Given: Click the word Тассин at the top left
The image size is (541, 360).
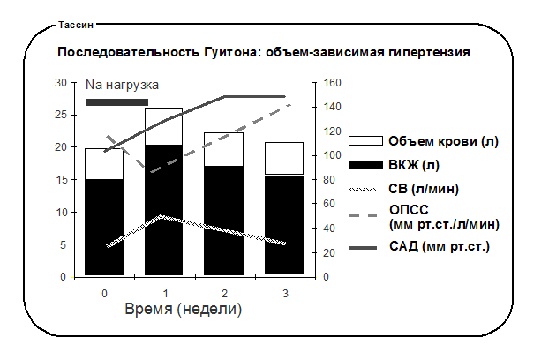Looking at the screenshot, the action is [x=76, y=26].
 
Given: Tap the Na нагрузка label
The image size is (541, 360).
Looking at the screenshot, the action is [x=122, y=85].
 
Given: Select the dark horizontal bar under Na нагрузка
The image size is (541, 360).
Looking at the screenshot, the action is [x=117, y=102].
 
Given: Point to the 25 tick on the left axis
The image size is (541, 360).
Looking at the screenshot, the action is [x=61, y=115].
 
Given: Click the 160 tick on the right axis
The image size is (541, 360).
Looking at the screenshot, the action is [x=332, y=83].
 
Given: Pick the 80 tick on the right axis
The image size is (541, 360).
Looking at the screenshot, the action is [x=329, y=180].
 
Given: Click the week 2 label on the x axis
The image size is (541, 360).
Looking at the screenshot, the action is [x=225, y=294].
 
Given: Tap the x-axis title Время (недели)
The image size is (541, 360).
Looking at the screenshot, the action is [x=184, y=309].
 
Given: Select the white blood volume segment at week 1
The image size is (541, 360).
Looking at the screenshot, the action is [x=163, y=126].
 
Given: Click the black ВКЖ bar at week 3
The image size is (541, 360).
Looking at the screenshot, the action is [x=284, y=225].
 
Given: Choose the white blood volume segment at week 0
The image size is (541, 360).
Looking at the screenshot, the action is [x=104, y=164].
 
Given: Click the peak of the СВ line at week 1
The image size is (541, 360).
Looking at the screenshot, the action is [x=162, y=216].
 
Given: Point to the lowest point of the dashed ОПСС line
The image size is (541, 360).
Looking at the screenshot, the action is [x=151, y=171].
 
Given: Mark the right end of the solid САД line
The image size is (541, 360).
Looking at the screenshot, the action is [x=285, y=96].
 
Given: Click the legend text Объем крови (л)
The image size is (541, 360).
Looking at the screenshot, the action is [x=444, y=141].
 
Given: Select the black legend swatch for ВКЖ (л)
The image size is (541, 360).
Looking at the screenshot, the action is [x=365, y=165].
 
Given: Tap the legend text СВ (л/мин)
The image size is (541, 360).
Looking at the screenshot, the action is [x=424, y=189].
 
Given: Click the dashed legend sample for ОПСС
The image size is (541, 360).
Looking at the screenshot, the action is [x=363, y=216].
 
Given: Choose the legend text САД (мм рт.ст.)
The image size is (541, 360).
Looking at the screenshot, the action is [x=440, y=246].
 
